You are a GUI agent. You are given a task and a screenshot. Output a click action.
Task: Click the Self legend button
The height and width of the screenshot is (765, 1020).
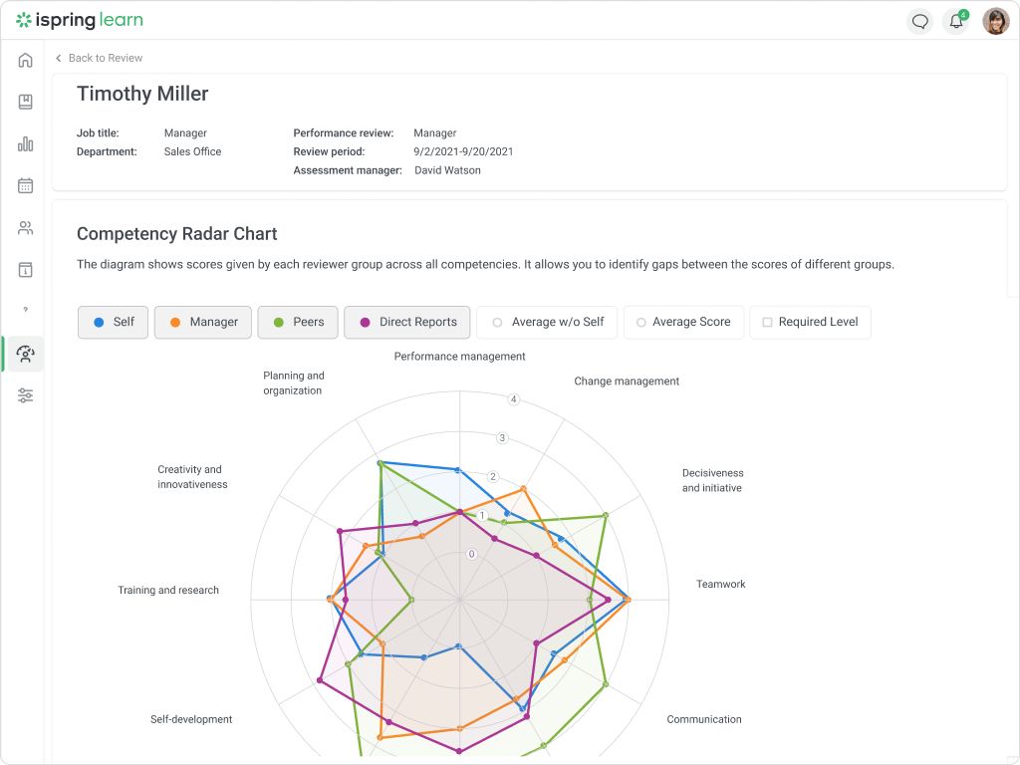[114, 322]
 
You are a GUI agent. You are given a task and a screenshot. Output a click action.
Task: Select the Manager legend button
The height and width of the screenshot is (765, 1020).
[202, 322]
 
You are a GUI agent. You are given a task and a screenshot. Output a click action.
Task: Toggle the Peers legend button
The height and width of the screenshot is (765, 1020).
[298, 322]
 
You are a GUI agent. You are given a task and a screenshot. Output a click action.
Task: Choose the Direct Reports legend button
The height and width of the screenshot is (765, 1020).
[406, 322]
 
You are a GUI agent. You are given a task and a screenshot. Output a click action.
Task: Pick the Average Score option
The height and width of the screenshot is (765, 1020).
[682, 322]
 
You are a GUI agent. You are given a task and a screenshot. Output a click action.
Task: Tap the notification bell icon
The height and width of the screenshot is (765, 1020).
[956, 21]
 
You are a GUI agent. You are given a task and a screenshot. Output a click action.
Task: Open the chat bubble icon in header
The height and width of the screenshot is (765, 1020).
[920, 21]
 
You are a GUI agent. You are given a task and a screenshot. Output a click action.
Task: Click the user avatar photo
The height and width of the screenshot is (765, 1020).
[995, 21]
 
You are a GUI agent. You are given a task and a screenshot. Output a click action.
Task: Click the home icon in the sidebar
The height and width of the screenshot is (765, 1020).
[26, 60]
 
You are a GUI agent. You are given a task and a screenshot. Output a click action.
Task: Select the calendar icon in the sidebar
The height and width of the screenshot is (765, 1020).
[26, 185]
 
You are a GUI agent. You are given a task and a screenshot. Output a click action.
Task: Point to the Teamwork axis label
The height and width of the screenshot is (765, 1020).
[721, 585]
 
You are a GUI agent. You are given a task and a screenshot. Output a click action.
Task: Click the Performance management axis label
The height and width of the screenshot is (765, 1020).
[459, 357]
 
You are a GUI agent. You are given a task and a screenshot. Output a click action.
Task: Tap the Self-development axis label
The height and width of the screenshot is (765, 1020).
[191, 719]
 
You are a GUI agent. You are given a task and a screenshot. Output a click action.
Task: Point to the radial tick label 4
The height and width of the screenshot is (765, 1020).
[514, 399]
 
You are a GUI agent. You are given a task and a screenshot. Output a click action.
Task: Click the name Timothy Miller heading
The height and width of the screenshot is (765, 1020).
[142, 95]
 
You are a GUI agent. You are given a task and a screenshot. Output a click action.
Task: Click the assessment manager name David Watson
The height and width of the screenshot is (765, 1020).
[447, 170]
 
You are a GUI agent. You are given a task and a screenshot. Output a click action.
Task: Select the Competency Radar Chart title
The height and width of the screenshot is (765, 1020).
[177, 234]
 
